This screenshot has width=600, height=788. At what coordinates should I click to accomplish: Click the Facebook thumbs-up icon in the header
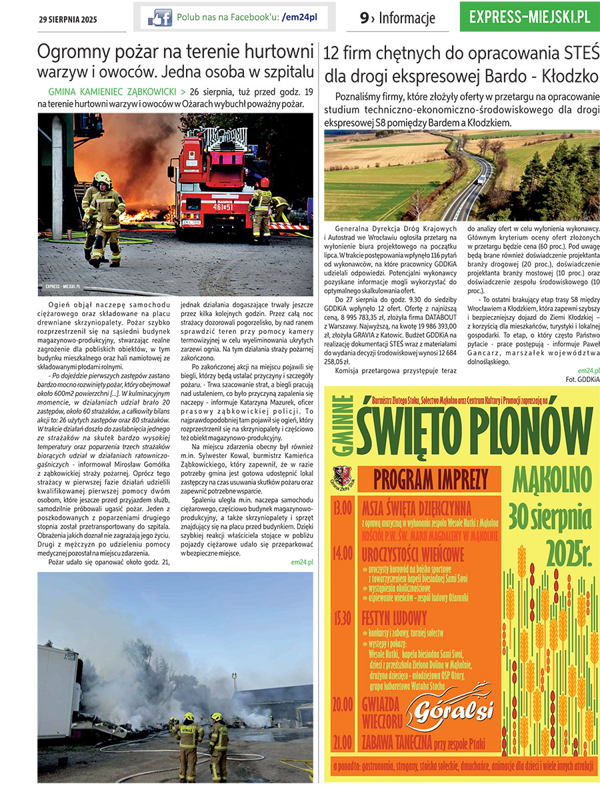coord(159,18)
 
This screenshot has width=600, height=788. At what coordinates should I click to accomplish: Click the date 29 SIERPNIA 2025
coord(67,19)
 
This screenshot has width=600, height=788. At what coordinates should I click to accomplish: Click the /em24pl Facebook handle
coord(300,18)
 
